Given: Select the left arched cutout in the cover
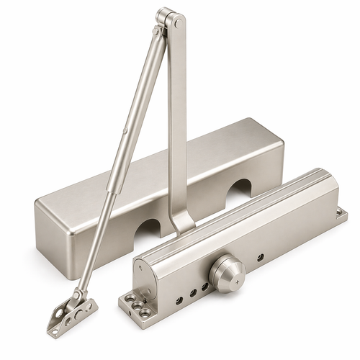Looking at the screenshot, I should pyautogui.click(x=150, y=229).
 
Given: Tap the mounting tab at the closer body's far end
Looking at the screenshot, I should pyautogui.click(x=341, y=214).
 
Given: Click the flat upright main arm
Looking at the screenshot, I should pyautogui.click(x=177, y=115).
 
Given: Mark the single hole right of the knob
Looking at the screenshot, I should pyautogui.click(x=260, y=257).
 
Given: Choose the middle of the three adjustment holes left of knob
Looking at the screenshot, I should pyautogui.click(x=193, y=289).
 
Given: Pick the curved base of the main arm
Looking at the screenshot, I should pyautogui.click(x=181, y=223).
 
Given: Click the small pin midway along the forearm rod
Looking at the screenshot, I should pyautogui.click(x=126, y=131).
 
